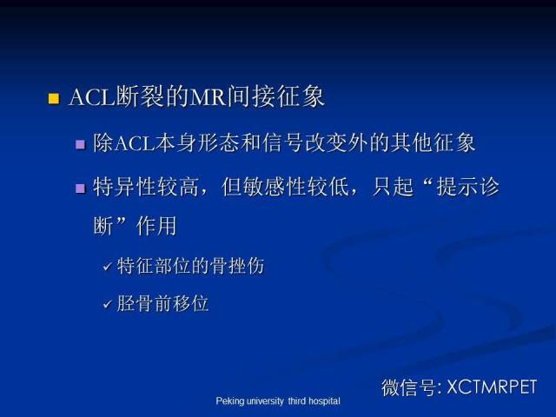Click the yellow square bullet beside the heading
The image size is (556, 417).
[x=54, y=98]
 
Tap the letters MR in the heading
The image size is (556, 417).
[x=208, y=96]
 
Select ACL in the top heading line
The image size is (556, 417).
[x=92, y=96]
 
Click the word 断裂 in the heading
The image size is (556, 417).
[x=140, y=96]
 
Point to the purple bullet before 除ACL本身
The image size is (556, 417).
[x=81, y=145]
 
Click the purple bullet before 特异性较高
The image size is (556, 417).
[x=81, y=189]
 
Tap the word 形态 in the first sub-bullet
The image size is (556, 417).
[x=218, y=142]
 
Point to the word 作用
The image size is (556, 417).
[x=156, y=226]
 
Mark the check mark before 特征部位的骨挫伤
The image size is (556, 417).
[x=108, y=267]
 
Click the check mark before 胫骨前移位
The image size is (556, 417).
[x=108, y=304]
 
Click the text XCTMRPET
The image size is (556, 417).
[x=492, y=387]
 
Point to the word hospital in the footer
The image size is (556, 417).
[x=324, y=401]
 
